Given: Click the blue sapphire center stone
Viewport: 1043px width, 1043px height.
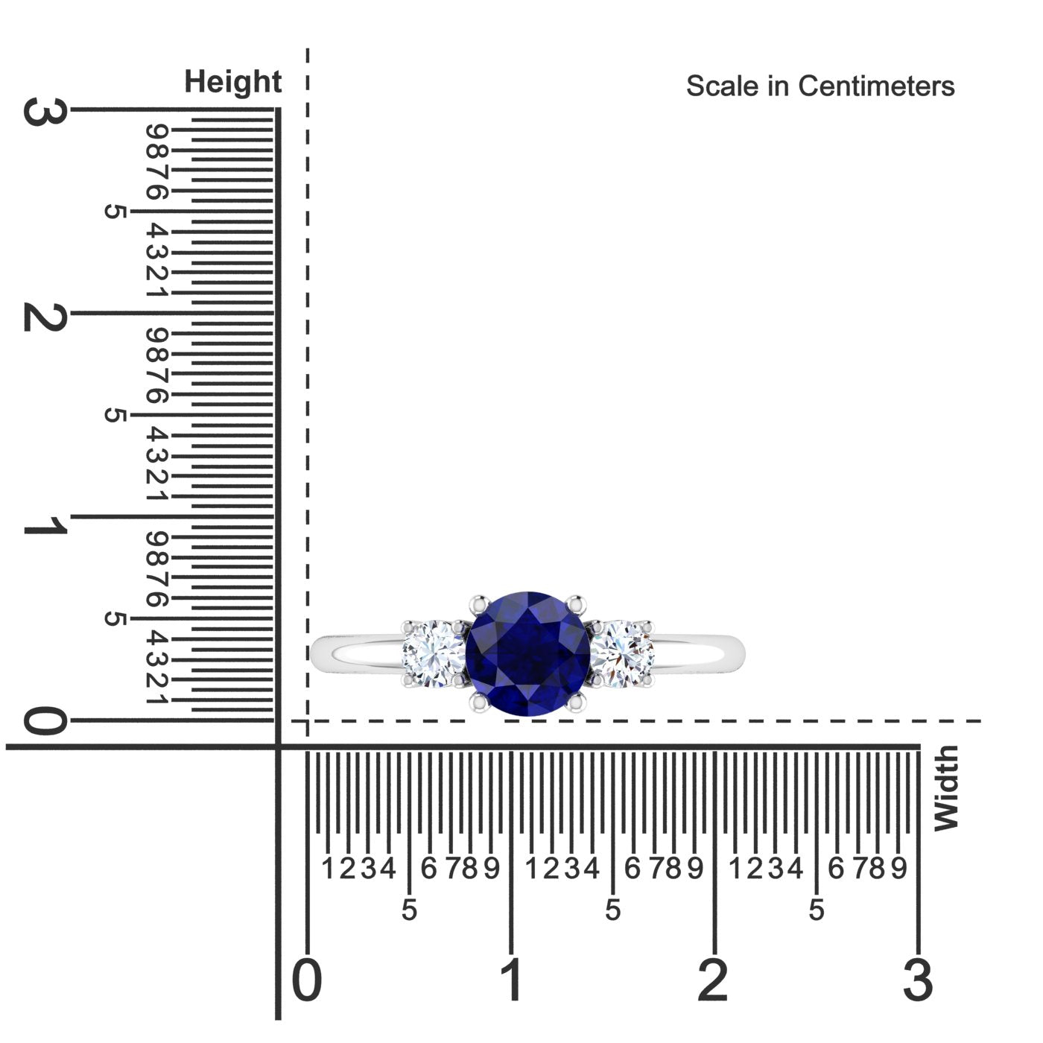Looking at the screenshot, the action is click(x=527, y=653).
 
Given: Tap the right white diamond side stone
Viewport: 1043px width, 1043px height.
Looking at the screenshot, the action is click(x=622, y=654).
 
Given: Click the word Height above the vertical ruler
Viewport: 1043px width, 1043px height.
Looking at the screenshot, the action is click(x=232, y=82).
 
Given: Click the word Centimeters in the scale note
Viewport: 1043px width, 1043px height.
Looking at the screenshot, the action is click(x=876, y=86).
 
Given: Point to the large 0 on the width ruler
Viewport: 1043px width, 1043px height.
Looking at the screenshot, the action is click(x=307, y=979).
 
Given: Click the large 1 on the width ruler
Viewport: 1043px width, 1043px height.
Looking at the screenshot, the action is click(x=511, y=979).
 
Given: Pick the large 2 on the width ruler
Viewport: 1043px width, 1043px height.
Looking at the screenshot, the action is click(x=713, y=979).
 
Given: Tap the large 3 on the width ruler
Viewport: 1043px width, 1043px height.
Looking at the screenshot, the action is click(x=918, y=979).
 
